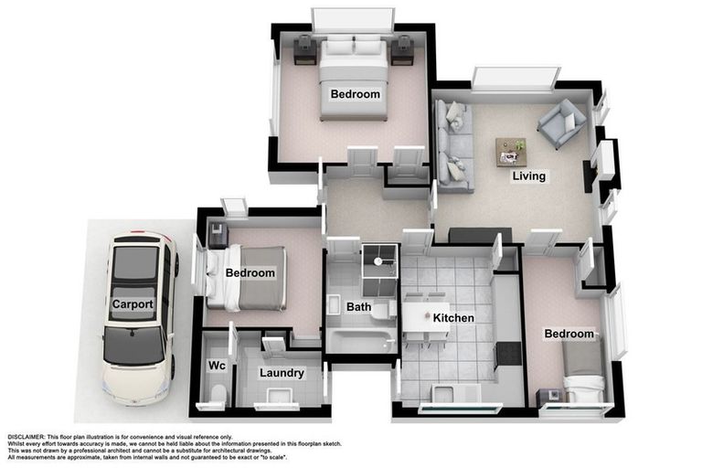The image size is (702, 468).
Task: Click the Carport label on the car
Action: pyautogui.click(x=133, y=304)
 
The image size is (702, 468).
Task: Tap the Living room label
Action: pyautogui.click(x=528, y=176)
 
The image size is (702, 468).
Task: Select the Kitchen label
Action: pyautogui.click(x=452, y=318)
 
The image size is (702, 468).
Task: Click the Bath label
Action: pyautogui.click(x=358, y=307)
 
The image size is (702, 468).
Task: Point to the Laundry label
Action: pyautogui.click(x=282, y=373)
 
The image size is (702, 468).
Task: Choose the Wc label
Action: pyautogui.click(x=217, y=366)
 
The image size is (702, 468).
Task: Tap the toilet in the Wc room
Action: pyautogui.click(x=218, y=394)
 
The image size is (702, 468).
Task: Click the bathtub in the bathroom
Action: pyautogui.click(x=360, y=341)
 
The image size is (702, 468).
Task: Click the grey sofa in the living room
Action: pyautogui.click(x=453, y=146)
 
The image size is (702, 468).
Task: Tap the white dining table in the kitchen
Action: pyautogui.click(x=425, y=317)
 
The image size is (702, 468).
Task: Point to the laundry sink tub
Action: pyautogui.click(x=279, y=397)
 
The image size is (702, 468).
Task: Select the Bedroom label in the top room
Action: pyautogui.click(x=355, y=94)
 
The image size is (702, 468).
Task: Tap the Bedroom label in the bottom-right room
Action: pyautogui.click(x=569, y=335)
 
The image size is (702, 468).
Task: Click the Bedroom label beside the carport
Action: pyautogui.click(x=250, y=273)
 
